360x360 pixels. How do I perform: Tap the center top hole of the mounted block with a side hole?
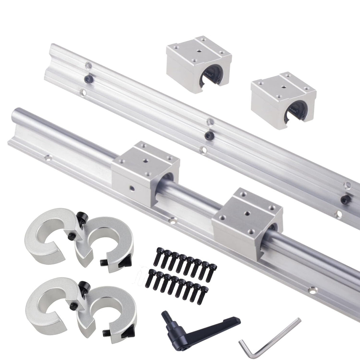(x=145, y=160)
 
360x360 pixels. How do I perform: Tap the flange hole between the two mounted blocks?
(x=173, y=220)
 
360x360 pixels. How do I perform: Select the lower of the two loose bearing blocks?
(x=283, y=100)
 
